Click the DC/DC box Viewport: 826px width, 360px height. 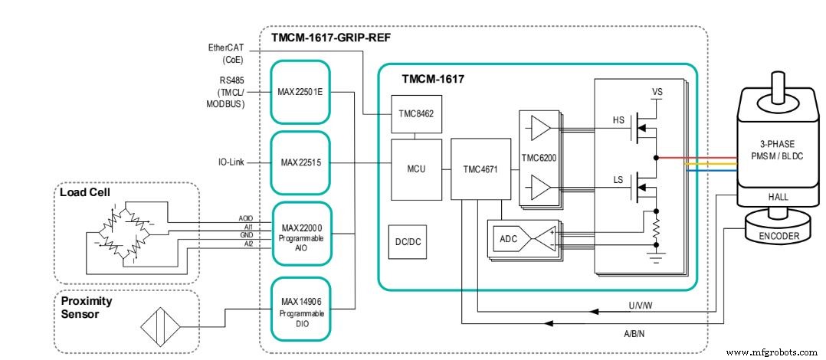pyautogui.click(x=408, y=242)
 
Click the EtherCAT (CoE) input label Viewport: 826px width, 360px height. pyautogui.click(x=226, y=53)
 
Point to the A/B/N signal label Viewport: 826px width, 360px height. pyautogui.click(x=634, y=334)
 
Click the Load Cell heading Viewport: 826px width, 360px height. pyautogui.click(x=84, y=192)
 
